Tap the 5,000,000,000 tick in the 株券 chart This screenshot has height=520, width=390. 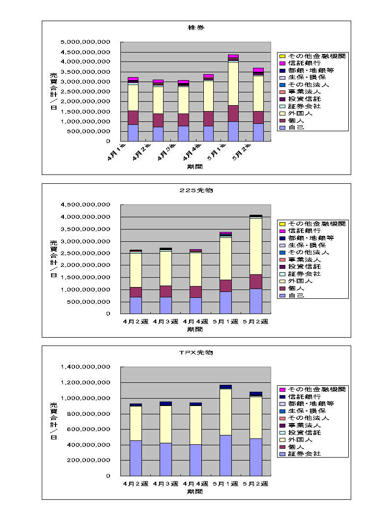(85, 42)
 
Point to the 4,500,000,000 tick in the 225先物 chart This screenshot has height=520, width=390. (85, 204)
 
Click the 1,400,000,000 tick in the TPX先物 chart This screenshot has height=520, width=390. (85, 367)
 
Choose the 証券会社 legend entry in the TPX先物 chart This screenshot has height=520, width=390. (304, 454)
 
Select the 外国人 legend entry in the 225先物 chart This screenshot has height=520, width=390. (300, 281)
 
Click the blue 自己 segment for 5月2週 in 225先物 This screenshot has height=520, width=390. (255, 301)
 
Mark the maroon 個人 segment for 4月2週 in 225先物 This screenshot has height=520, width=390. (136, 292)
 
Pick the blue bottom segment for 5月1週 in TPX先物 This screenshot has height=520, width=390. (225, 455)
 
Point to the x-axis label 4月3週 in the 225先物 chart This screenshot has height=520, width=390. (166, 321)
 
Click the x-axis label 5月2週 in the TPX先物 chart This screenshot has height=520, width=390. (255, 484)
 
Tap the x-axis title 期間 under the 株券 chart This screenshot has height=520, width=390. (195, 167)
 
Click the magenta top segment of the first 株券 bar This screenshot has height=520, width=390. (133, 79)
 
